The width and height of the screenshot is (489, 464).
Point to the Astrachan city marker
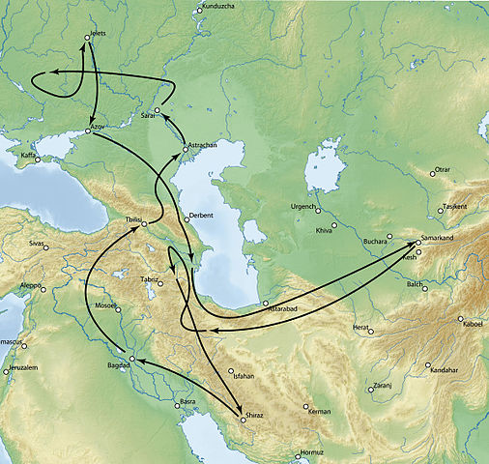coord(187,150)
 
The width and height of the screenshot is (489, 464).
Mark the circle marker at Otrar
coord(433,174)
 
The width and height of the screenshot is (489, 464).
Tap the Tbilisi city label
coord(126,220)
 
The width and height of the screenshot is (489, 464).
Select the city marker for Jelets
coord(88,38)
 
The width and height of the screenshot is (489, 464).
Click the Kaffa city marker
coord(39,159)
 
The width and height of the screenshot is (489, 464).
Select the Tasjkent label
coord(456,207)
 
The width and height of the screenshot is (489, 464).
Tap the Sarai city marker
coord(158,111)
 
